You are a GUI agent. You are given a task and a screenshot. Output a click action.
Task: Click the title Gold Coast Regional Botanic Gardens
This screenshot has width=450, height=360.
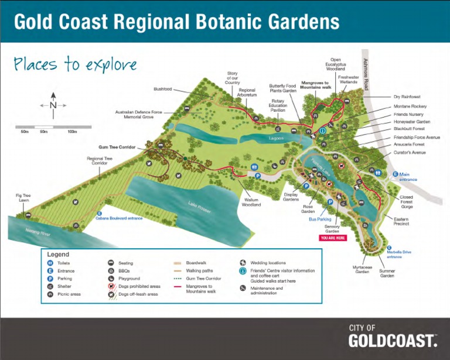click(x=176, y=22)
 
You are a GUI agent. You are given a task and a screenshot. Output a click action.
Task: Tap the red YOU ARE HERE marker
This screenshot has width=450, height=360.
click(x=333, y=238)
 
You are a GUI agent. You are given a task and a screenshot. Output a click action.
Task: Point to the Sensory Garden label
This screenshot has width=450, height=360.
click(x=332, y=228)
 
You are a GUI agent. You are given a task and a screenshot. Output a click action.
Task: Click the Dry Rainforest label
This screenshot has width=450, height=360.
click(x=407, y=97)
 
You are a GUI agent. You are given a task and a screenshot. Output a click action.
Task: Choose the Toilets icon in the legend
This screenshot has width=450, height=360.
click(x=51, y=263)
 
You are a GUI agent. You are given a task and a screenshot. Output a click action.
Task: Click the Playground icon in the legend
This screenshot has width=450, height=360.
click(x=111, y=279)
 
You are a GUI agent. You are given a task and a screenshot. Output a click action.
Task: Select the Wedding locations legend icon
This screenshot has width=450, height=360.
click(x=243, y=263)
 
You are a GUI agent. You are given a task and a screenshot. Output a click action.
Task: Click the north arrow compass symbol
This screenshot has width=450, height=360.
click(x=53, y=105)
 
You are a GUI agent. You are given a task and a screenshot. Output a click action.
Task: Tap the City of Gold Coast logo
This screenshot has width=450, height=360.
click(x=393, y=337)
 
